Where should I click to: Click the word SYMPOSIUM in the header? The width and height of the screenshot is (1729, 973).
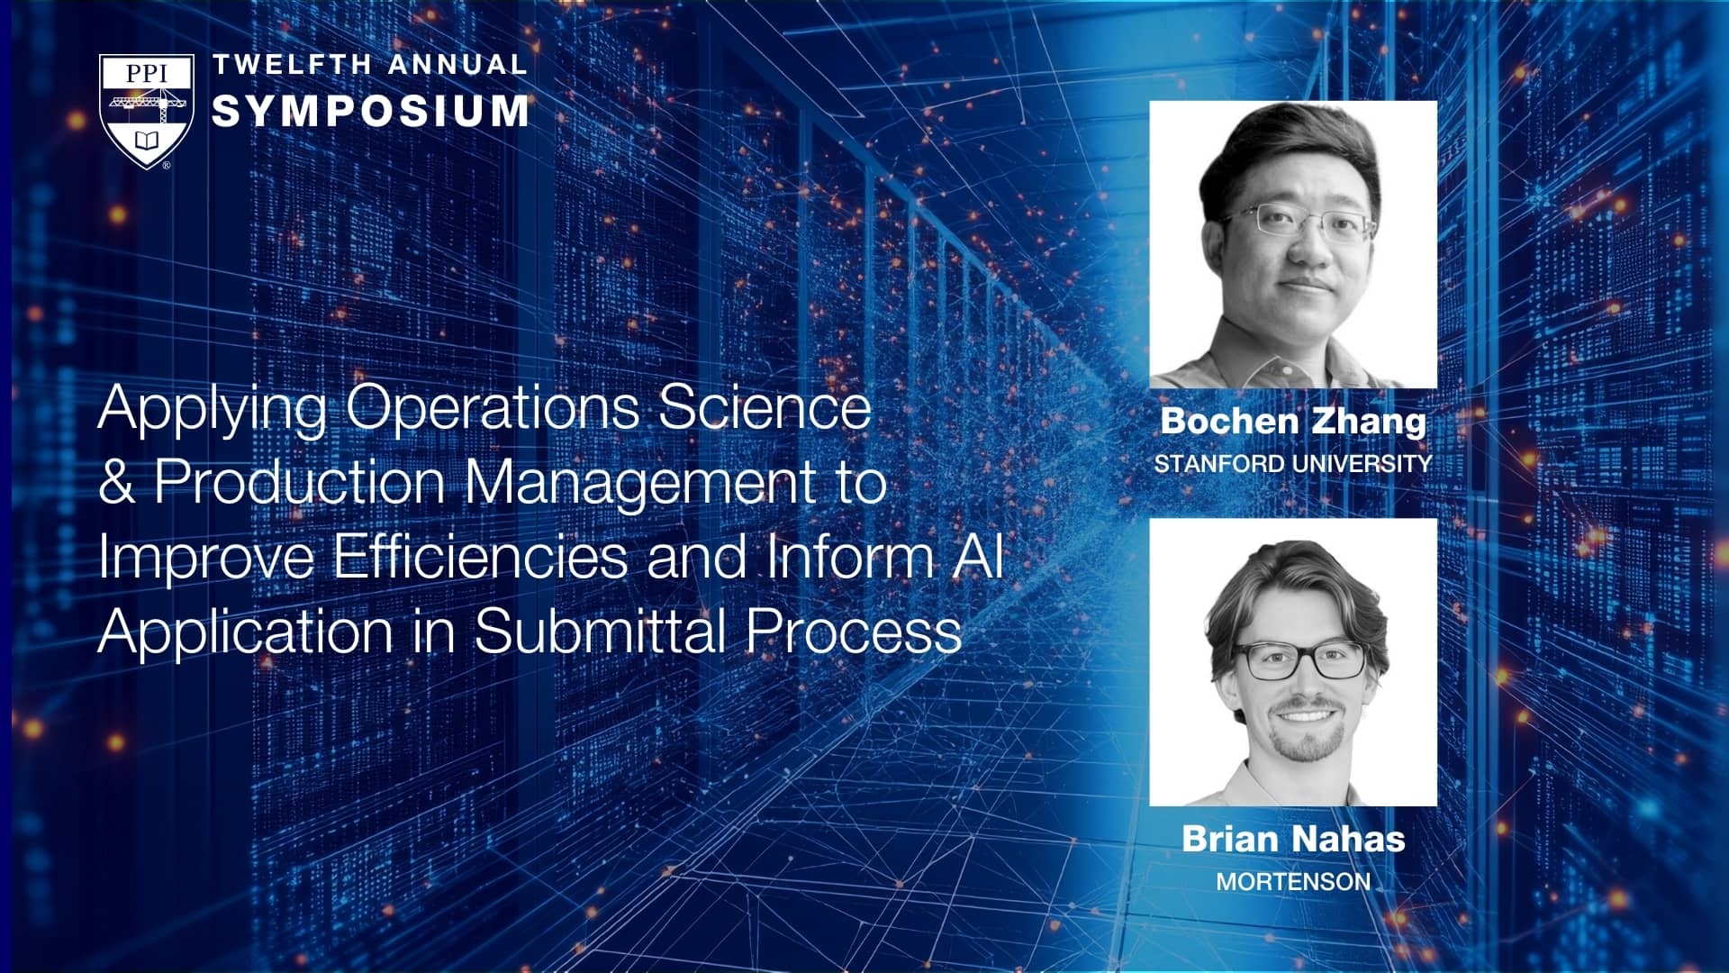(370, 111)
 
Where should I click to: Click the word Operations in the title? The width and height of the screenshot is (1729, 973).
(493, 408)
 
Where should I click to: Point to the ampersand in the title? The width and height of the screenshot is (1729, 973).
(116, 482)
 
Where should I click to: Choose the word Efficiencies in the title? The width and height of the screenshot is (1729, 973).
(480, 556)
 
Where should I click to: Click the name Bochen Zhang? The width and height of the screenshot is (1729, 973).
(1293, 422)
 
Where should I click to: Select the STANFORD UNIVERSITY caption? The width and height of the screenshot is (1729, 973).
(1293, 463)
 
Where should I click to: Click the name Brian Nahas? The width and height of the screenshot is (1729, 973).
(1293, 839)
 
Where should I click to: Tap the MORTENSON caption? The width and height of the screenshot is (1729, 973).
(1293, 881)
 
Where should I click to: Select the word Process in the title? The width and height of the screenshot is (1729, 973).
(854, 631)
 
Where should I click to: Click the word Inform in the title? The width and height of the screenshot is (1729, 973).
(851, 556)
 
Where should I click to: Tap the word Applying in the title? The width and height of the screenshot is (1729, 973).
(213, 410)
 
